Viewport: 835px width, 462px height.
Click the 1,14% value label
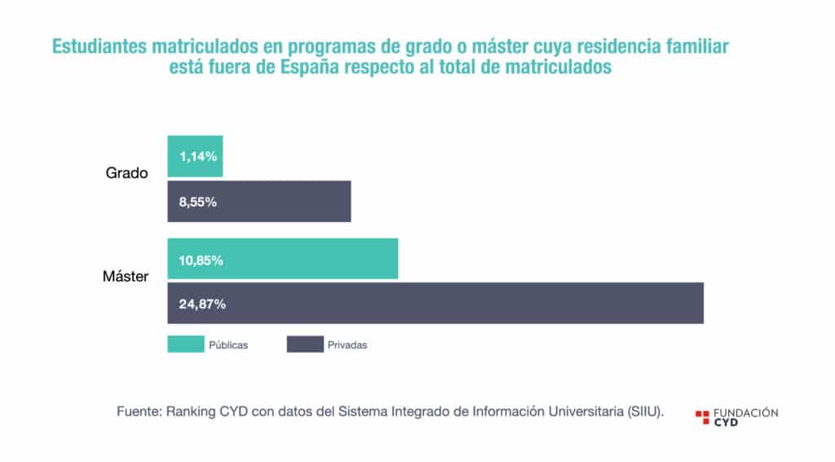(198, 156)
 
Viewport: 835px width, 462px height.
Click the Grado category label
(126, 173)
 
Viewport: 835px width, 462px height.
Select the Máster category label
(126, 277)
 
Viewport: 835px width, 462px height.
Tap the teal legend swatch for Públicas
(185, 344)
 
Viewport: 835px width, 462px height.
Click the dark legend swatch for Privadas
(305, 344)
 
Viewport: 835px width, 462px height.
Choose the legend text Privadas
(347, 345)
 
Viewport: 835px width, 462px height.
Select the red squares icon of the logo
(702, 417)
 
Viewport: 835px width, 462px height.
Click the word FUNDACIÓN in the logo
(745, 412)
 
